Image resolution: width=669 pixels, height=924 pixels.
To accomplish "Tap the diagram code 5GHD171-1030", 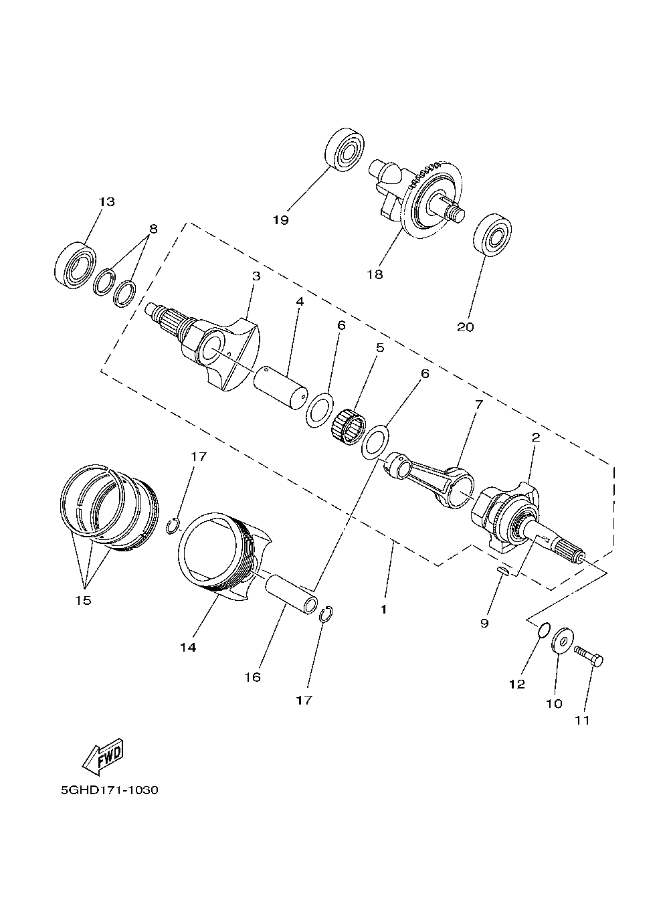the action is [110, 790].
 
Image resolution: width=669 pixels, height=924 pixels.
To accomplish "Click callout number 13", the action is [106, 202].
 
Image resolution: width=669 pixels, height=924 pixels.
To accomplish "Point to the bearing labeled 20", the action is [493, 235].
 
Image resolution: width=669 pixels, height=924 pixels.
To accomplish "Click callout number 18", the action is [375, 274].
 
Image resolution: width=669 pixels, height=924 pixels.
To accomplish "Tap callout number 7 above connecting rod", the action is [478, 404].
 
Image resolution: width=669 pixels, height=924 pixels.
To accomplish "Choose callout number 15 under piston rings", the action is [83, 600].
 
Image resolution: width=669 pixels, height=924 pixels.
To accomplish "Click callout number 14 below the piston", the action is [188, 647].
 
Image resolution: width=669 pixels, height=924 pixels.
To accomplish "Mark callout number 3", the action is [256, 276].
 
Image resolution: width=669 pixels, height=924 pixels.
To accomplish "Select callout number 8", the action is [153, 229].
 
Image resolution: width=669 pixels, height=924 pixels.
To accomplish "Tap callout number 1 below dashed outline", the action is [383, 609].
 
